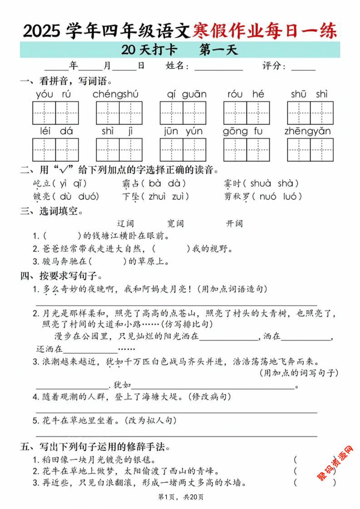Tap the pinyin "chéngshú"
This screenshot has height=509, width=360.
click(x=115, y=94)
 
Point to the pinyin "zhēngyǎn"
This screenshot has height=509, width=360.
click(x=307, y=131)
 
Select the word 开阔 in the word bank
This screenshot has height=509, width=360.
click(x=234, y=223)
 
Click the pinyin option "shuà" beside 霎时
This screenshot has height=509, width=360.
click(x=260, y=183)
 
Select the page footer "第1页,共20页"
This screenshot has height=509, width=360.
click(x=180, y=497)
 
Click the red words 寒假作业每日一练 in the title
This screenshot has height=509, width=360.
click(x=265, y=31)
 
